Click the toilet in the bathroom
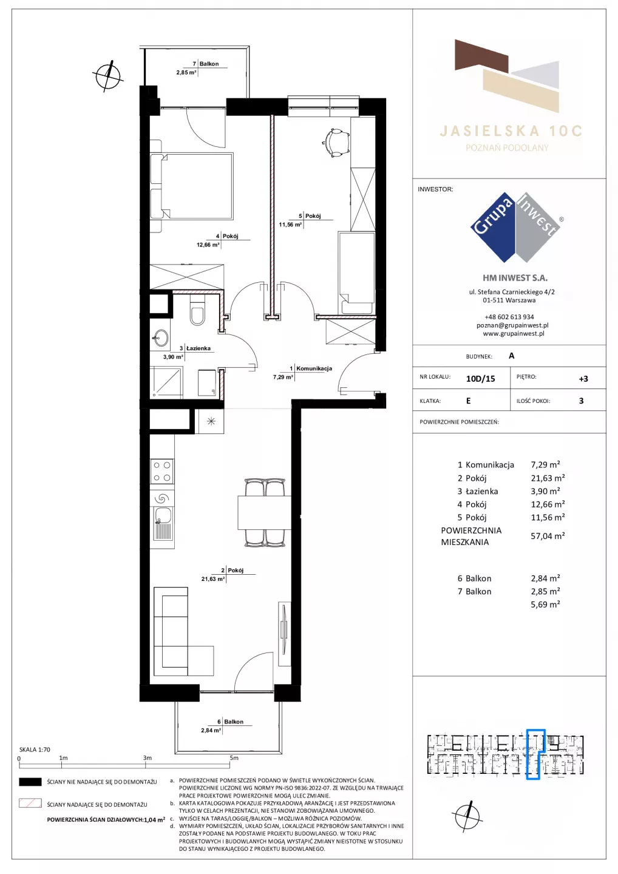click(197, 311)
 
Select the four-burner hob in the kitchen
click(162, 471)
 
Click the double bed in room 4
click(192, 186)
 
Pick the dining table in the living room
click(264, 512)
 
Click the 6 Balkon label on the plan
click(230, 722)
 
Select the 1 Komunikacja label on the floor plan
click(311, 368)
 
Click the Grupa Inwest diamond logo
click(515, 228)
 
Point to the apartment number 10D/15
click(480, 379)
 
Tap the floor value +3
click(583, 379)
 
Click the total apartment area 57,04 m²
click(548, 536)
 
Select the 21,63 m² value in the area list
click(548, 478)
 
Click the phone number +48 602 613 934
click(509, 317)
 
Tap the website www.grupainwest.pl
click(514, 334)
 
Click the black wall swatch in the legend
click(30, 782)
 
